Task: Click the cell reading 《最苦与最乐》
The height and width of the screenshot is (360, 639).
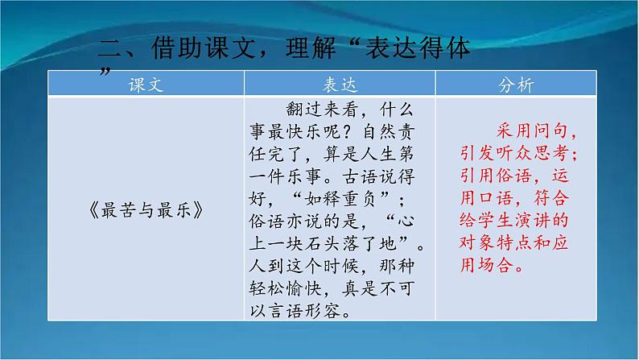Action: (146, 211)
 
